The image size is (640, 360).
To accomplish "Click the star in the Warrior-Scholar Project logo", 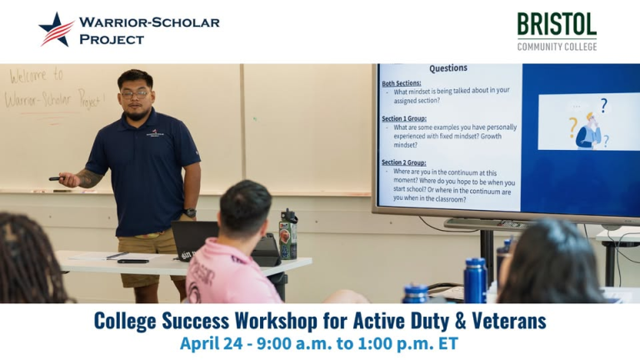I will tap(56, 28).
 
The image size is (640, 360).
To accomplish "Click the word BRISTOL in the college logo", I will tap(557, 24).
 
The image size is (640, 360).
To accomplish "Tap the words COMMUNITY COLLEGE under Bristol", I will tap(557, 47).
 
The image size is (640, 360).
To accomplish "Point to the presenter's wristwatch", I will tap(190, 212).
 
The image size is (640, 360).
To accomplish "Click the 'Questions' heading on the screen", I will tap(447, 68).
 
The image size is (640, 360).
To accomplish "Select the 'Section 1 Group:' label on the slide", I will tap(404, 118).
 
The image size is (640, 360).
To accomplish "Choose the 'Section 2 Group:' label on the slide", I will tap(403, 162).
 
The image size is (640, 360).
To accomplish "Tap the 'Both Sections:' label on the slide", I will tap(402, 83).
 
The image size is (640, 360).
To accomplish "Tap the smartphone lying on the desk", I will tap(132, 261).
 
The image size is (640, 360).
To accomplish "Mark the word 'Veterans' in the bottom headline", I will tap(505, 320).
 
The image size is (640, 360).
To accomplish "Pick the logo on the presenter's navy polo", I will tap(155, 132).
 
